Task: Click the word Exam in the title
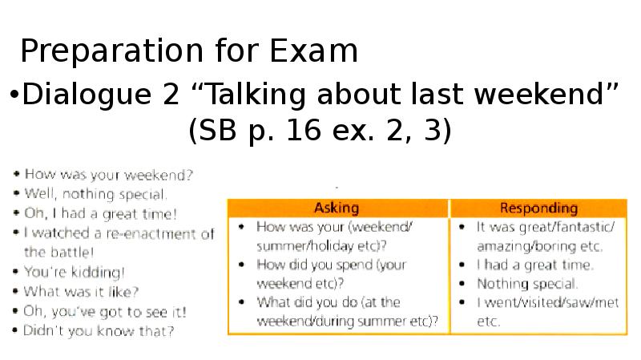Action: coord(314,51)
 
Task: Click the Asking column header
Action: coord(337,208)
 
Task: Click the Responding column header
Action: coord(538,208)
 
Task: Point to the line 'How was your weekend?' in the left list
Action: coord(108,174)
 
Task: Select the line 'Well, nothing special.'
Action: coord(95,193)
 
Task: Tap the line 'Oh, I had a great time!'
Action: coord(101,213)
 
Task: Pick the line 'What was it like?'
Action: coord(81,291)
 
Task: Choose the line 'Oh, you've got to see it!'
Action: coord(105,311)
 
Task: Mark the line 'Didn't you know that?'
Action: coord(99,330)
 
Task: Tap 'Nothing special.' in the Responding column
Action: coord(527,284)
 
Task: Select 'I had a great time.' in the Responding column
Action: coord(535,265)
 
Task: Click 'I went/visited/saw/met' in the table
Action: coord(547,303)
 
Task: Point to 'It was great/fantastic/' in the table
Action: coord(546,227)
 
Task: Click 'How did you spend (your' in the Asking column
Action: coord(332,265)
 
